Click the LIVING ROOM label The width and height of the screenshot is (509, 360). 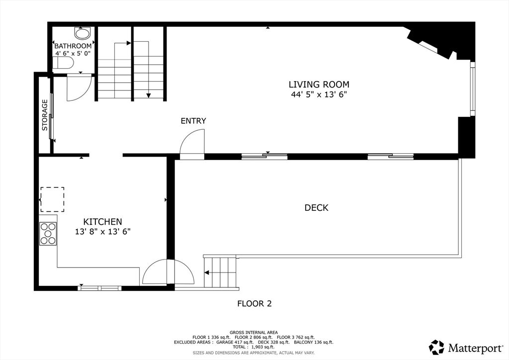point(319,85)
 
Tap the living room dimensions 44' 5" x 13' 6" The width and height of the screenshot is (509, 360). point(319,94)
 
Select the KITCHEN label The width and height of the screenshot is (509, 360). point(102,222)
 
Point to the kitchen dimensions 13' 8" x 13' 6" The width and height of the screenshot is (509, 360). point(102,231)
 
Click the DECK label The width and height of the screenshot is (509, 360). point(317,208)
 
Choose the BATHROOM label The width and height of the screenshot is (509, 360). point(73,46)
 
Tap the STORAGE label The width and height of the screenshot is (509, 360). point(45,115)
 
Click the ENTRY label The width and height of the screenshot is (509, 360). point(193,121)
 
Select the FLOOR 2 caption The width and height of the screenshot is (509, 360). point(254,303)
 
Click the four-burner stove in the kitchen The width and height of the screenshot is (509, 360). point(48,233)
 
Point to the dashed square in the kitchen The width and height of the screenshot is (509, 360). point(52,199)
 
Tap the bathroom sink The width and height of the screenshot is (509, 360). point(82,33)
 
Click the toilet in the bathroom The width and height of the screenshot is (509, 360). point(63,63)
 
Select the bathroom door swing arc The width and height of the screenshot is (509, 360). point(80,88)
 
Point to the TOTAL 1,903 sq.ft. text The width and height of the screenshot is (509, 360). point(254,347)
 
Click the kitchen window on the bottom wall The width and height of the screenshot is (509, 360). point(100,288)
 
